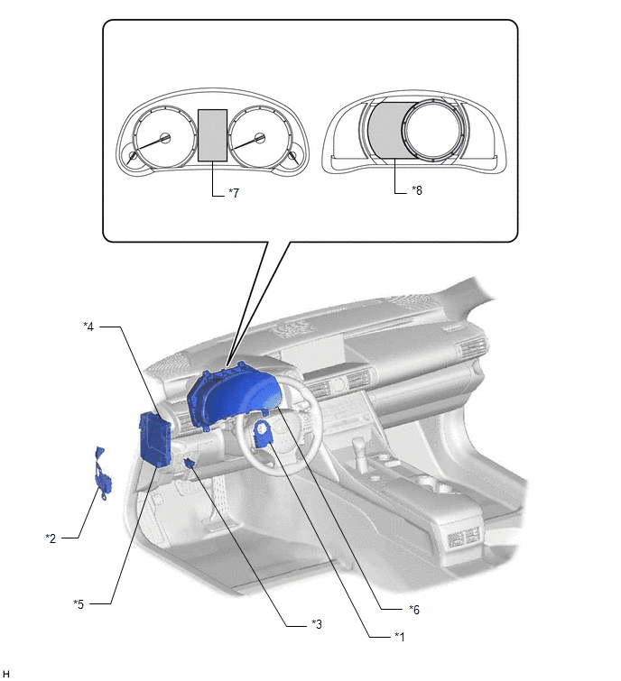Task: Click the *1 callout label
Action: click(x=399, y=637)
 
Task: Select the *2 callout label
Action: click(x=51, y=538)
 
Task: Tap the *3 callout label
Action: click(x=316, y=624)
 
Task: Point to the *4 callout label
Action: click(x=88, y=327)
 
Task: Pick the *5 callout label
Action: click(x=79, y=603)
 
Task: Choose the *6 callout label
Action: click(x=414, y=610)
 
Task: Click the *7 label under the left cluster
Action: click(x=234, y=193)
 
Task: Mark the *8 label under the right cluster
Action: click(x=417, y=190)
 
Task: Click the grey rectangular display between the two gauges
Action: click(x=212, y=135)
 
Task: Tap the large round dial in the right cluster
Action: click(x=431, y=129)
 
